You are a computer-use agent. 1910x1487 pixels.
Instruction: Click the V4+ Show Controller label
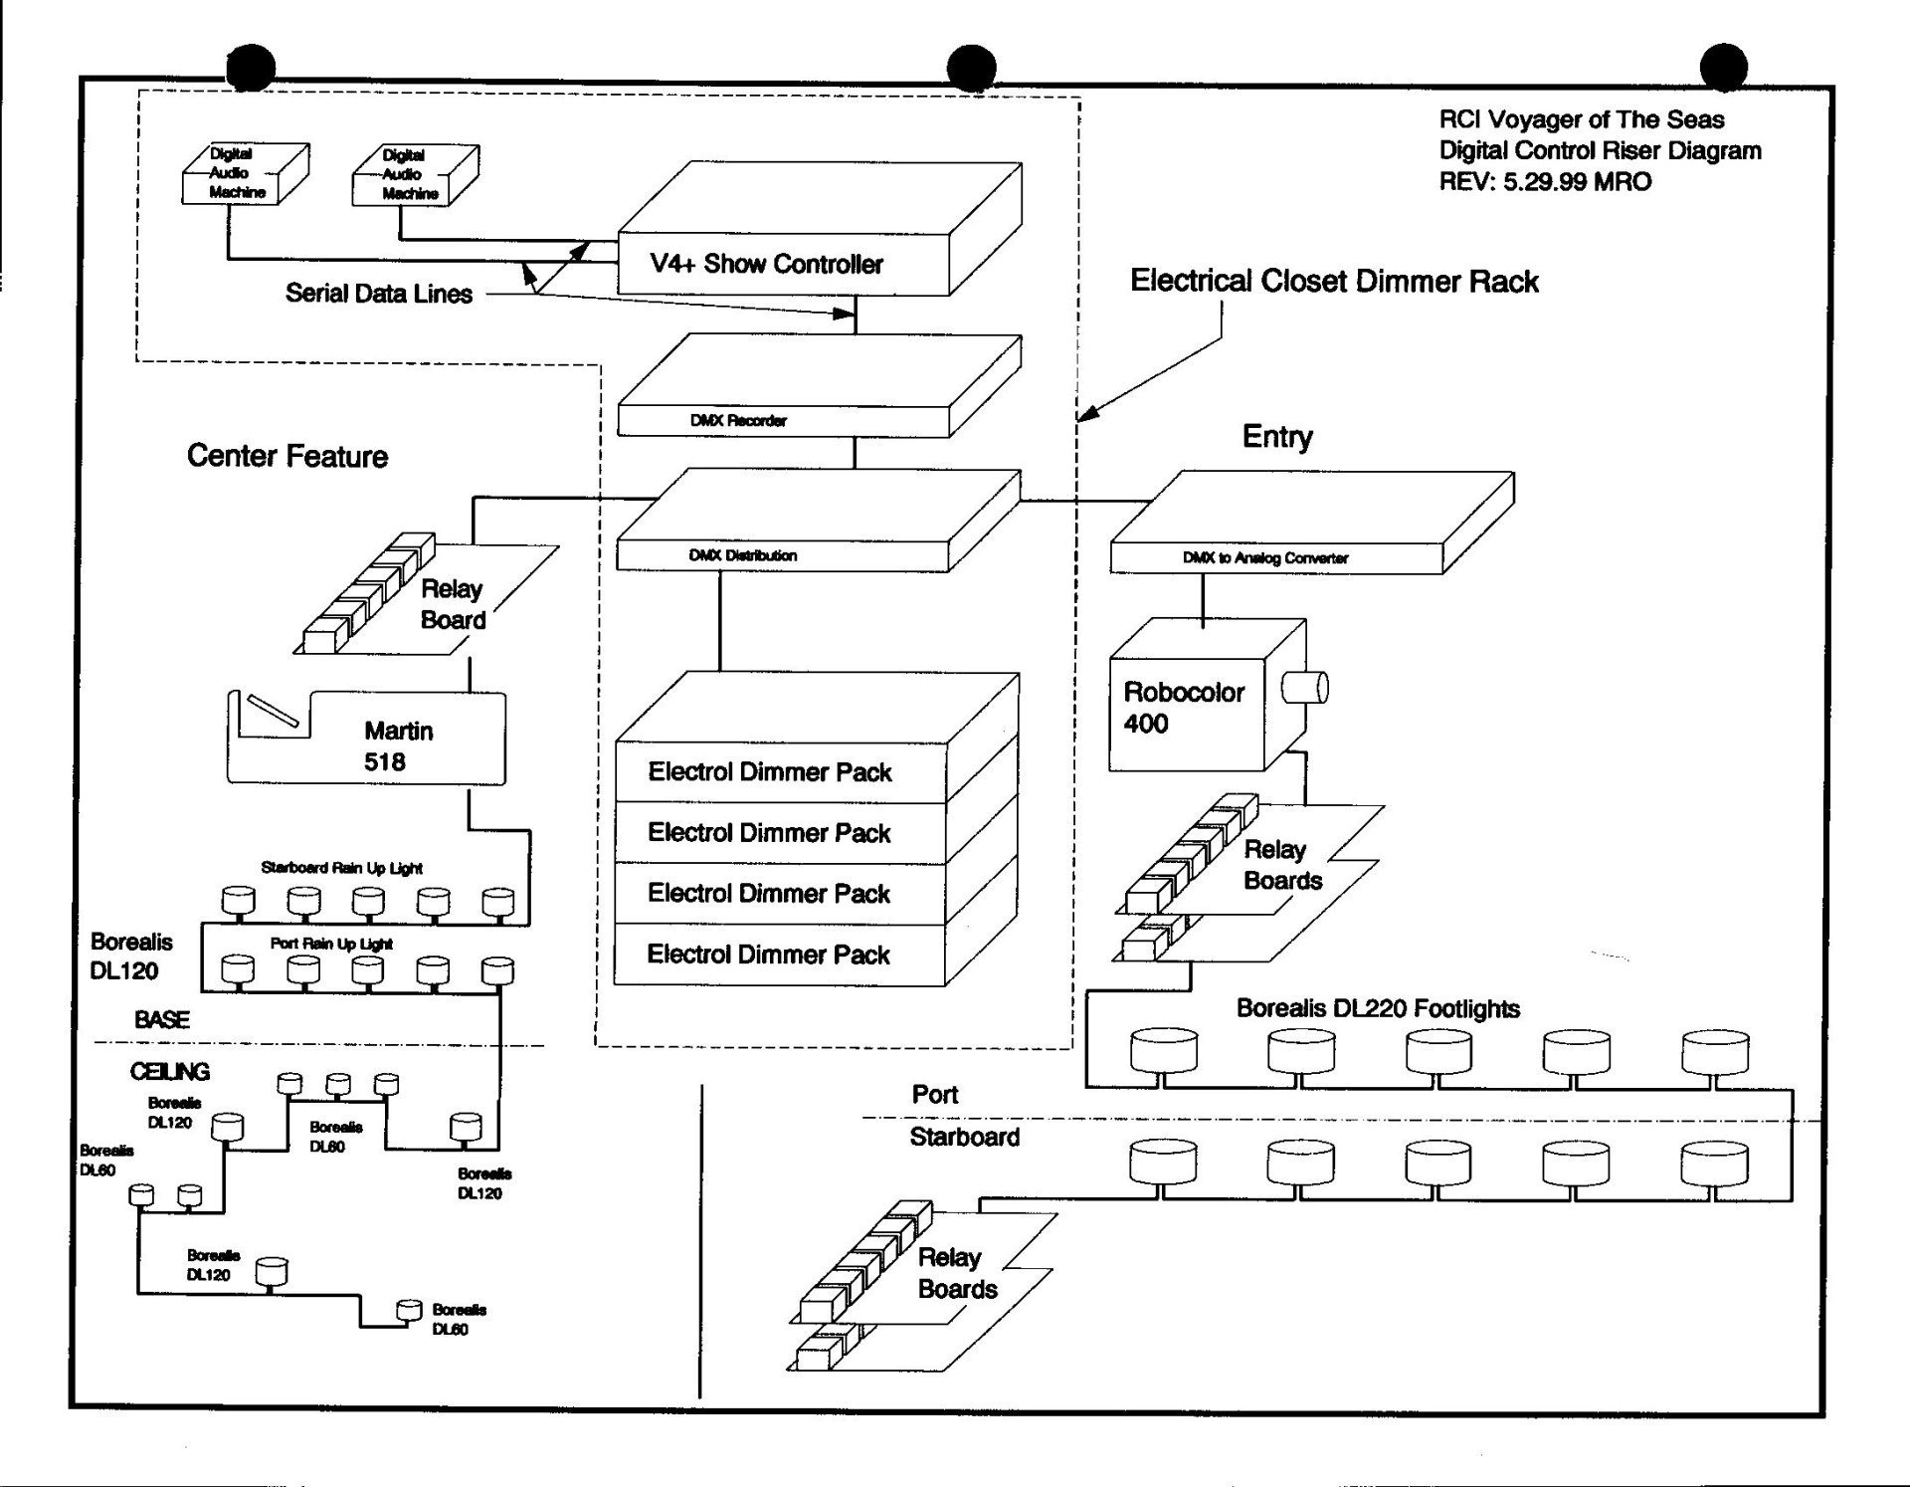pos(766,264)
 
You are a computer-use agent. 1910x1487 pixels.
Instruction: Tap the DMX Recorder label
pos(738,421)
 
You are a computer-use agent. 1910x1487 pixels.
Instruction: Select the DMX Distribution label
pos(742,555)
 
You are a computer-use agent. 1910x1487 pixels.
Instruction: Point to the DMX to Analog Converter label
pos(1265,558)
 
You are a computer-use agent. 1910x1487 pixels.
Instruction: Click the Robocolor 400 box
pos(1207,695)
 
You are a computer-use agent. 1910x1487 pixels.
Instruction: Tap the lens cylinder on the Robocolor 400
pos(1304,687)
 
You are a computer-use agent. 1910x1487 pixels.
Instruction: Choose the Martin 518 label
pos(398,746)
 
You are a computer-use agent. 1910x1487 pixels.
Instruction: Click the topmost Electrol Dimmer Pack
pos(770,772)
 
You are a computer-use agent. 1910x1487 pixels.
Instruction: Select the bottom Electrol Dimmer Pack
pos(768,955)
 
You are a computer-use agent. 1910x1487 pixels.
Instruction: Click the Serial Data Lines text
pos(379,294)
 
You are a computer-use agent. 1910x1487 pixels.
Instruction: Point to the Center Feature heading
pos(287,456)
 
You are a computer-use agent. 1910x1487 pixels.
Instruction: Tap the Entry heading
pos(1277,437)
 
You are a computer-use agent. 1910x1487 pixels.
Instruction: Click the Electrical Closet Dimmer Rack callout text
pos(1334,282)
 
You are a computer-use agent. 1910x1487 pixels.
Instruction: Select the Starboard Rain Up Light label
pos(341,868)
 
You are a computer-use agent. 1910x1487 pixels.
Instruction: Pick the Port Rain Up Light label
pos(331,944)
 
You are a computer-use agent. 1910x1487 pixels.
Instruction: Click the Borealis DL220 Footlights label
pos(1378,1008)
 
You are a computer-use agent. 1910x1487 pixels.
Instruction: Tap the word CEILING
pos(170,1072)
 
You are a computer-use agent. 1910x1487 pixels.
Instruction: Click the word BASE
pos(162,1019)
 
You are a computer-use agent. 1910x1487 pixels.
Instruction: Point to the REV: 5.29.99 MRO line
pos(1545,182)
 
